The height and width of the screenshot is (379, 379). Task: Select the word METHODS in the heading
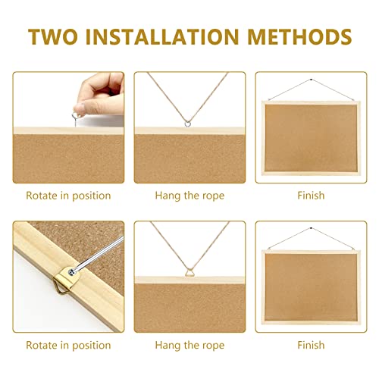pos(300,36)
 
